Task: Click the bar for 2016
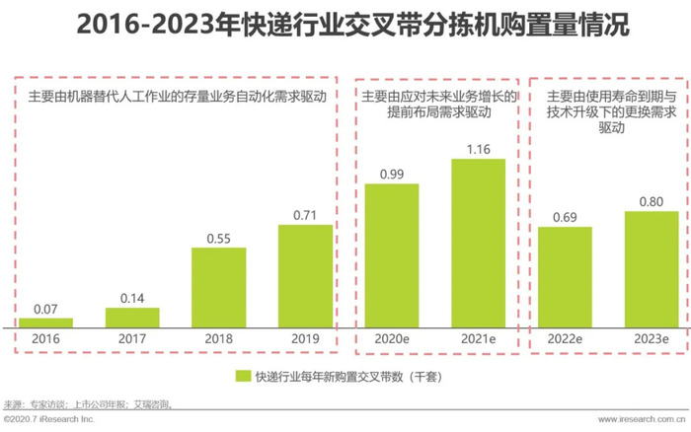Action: [46, 322]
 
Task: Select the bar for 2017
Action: [132, 317]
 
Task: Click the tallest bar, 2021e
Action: [478, 243]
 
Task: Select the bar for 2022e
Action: [565, 277]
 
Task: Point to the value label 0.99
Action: [392, 174]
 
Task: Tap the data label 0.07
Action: [46, 308]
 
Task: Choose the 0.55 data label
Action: [218, 238]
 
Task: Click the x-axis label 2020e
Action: [392, 339]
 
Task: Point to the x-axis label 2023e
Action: [651, 339]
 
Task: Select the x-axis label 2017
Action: [132, 339]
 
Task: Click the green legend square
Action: [242, 376]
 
